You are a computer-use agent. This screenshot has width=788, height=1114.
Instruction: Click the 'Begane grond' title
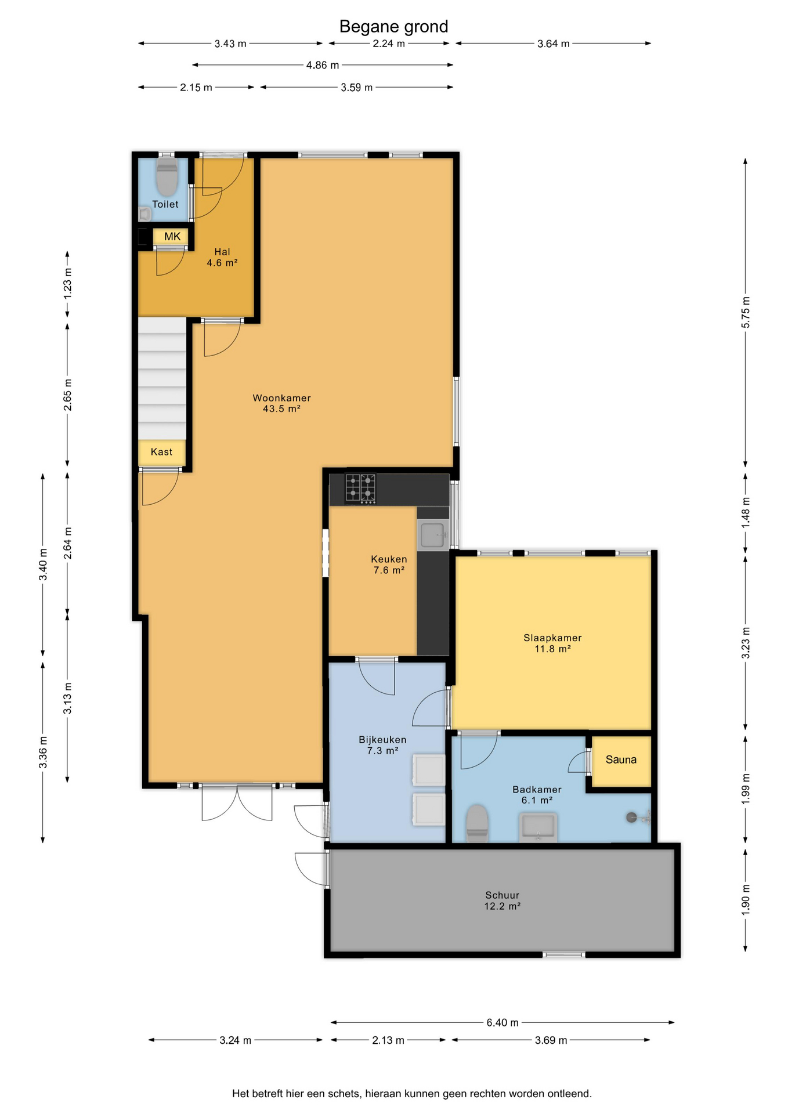tap(393, 27)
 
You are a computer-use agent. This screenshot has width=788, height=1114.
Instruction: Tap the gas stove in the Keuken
tap(360, 488)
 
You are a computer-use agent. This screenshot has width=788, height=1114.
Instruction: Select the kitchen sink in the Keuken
tap(433, 534)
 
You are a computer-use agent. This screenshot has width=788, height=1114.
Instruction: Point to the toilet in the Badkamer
tap(478, 823)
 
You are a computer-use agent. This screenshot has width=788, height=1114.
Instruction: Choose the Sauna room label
tap(621, 759)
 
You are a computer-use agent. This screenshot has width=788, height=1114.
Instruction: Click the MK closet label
tap(172, 237)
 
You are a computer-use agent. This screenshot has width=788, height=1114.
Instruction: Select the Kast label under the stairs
tap(161, 452)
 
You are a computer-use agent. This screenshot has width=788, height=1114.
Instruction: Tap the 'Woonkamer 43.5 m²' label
tap(281, 403)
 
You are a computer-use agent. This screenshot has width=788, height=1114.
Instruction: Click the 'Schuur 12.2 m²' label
tap(502, 900)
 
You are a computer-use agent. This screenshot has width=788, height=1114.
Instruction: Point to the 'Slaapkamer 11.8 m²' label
tap(552, 643)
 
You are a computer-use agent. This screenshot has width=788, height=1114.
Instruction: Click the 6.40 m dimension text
tap(503, 1022)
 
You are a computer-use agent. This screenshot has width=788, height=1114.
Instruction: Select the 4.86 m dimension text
tap(323, 65)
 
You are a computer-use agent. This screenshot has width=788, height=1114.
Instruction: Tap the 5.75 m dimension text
tap(746, 312)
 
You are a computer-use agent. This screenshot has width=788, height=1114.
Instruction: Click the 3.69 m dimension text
tap(551, 1040)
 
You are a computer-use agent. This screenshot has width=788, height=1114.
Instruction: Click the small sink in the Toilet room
tap(144, 214)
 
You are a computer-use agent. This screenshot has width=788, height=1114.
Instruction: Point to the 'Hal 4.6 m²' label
tap(222, 257)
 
